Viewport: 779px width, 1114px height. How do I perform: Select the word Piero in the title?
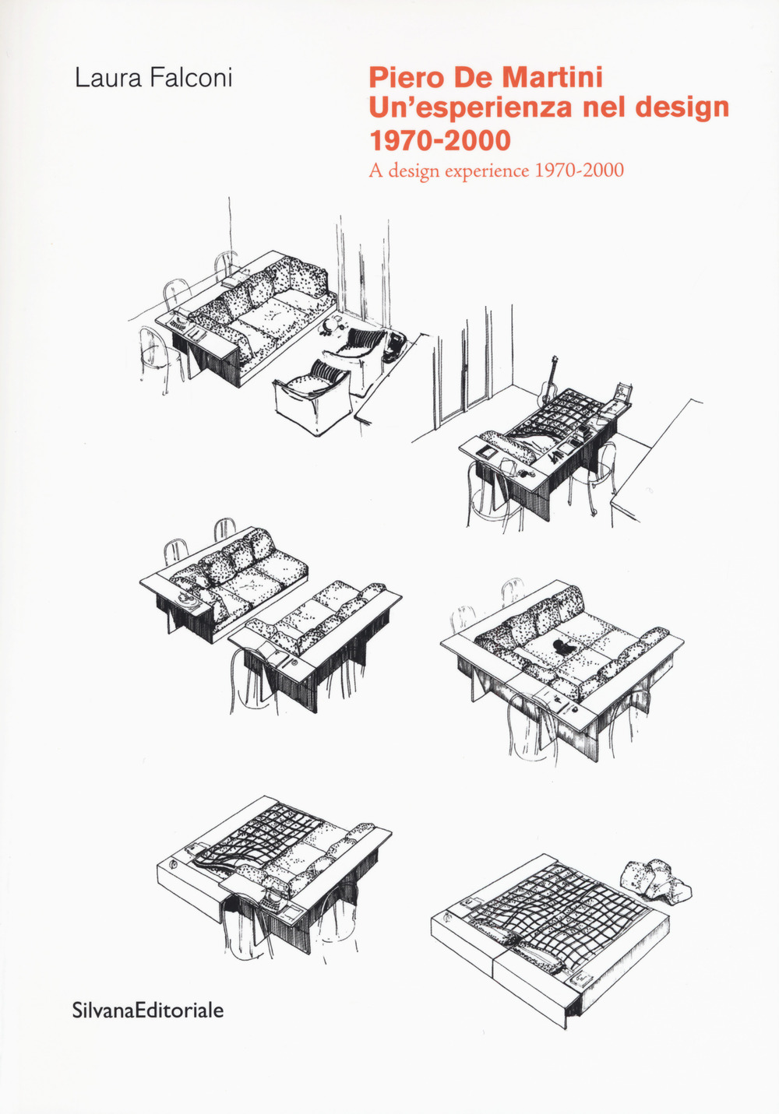pyautogui.click(x=400, y=77)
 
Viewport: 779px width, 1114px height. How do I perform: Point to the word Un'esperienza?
pyautogui.click(x=471, y=107)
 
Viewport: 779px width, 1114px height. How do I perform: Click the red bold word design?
pyautogui.click(x=682, y=107)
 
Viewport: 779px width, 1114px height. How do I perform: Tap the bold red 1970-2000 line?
pyautogui.click(x=439, y=140)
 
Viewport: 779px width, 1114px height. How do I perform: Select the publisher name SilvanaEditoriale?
pyautogui.click(x=147, y=1010)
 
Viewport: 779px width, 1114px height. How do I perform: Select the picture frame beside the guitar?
pyautogui.click(x=622, y=392)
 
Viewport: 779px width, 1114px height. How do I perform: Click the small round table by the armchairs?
pyautogui.click(x=334, y=323)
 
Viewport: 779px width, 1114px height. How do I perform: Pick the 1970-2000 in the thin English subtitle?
pyautogui.click(x=578, y=170)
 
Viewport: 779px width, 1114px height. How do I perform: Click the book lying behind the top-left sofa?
pyautogui.click(x=235, y=275)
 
